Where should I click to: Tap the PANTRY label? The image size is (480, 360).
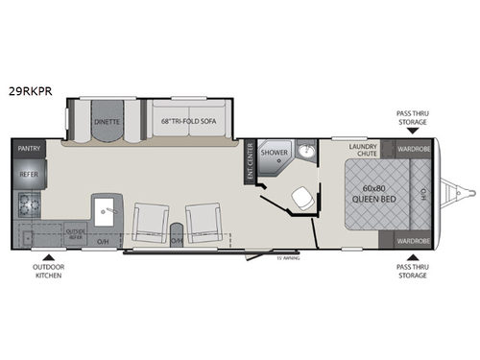pyautogui.click(x=28, y=149)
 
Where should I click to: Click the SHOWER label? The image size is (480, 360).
pyautogui.click(x=276, y=153)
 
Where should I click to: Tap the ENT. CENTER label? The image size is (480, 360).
pyautogui.click(x=250, y=162)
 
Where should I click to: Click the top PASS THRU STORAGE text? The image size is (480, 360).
pyautogui.click(x=414, y=116)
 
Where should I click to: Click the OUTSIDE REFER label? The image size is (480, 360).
pyautogui.click(x=76, y=234)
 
